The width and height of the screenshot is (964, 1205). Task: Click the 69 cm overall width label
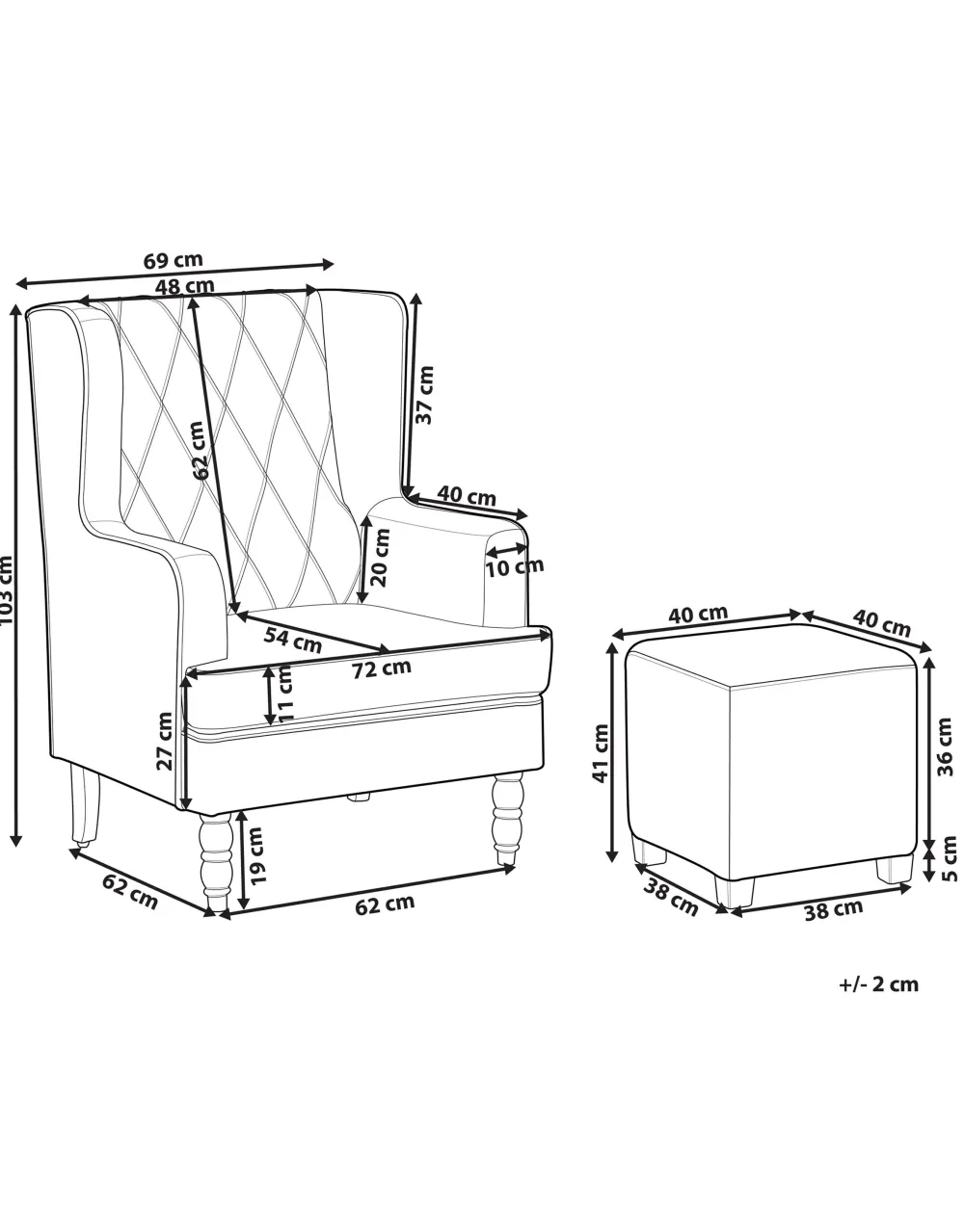(x=174, y=260)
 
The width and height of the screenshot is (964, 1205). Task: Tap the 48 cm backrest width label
(x=184, y=285)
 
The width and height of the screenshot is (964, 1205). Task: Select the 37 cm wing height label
(x=424, y=394)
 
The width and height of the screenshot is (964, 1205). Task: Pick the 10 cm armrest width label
(x=514, y=565)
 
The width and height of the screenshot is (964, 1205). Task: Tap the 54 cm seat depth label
(x=292, y=638)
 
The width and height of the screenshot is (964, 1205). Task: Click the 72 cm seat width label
(x=382, y=667)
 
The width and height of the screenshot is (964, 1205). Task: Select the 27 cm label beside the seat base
(x=165, y=741)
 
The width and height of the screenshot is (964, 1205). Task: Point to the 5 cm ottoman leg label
(x=950, y=856)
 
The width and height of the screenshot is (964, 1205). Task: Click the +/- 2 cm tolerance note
(x=878, y=984)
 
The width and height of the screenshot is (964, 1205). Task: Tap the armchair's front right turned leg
(x=507, y=818)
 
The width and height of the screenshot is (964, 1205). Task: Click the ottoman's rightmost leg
(x=895, y=869)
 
